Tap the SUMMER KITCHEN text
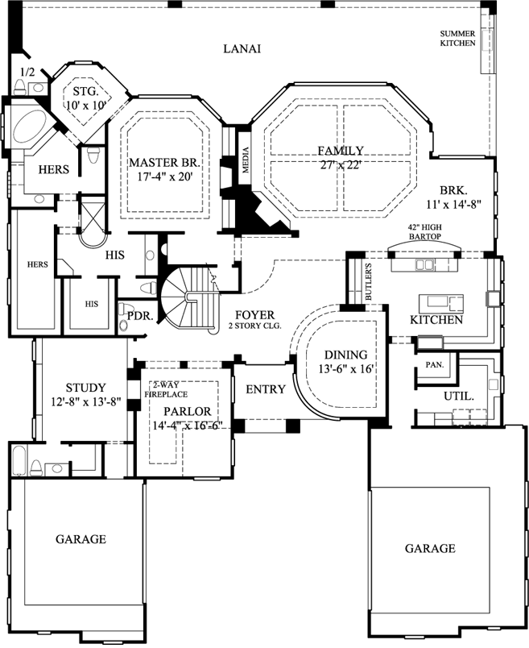pyautogui.click(x=457, y=38)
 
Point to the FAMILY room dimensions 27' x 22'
pyautogui.click(x=341, y=164)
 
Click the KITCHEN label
pyautogui.click(x=436, y=320)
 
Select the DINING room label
pyautogui.click(x=345, y=355)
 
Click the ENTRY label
pyautogui.click(x=265, y=389)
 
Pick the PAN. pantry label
pyautogui.click(x=435, y=364)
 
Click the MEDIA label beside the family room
pyautogui.click(x=246, y=160)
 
